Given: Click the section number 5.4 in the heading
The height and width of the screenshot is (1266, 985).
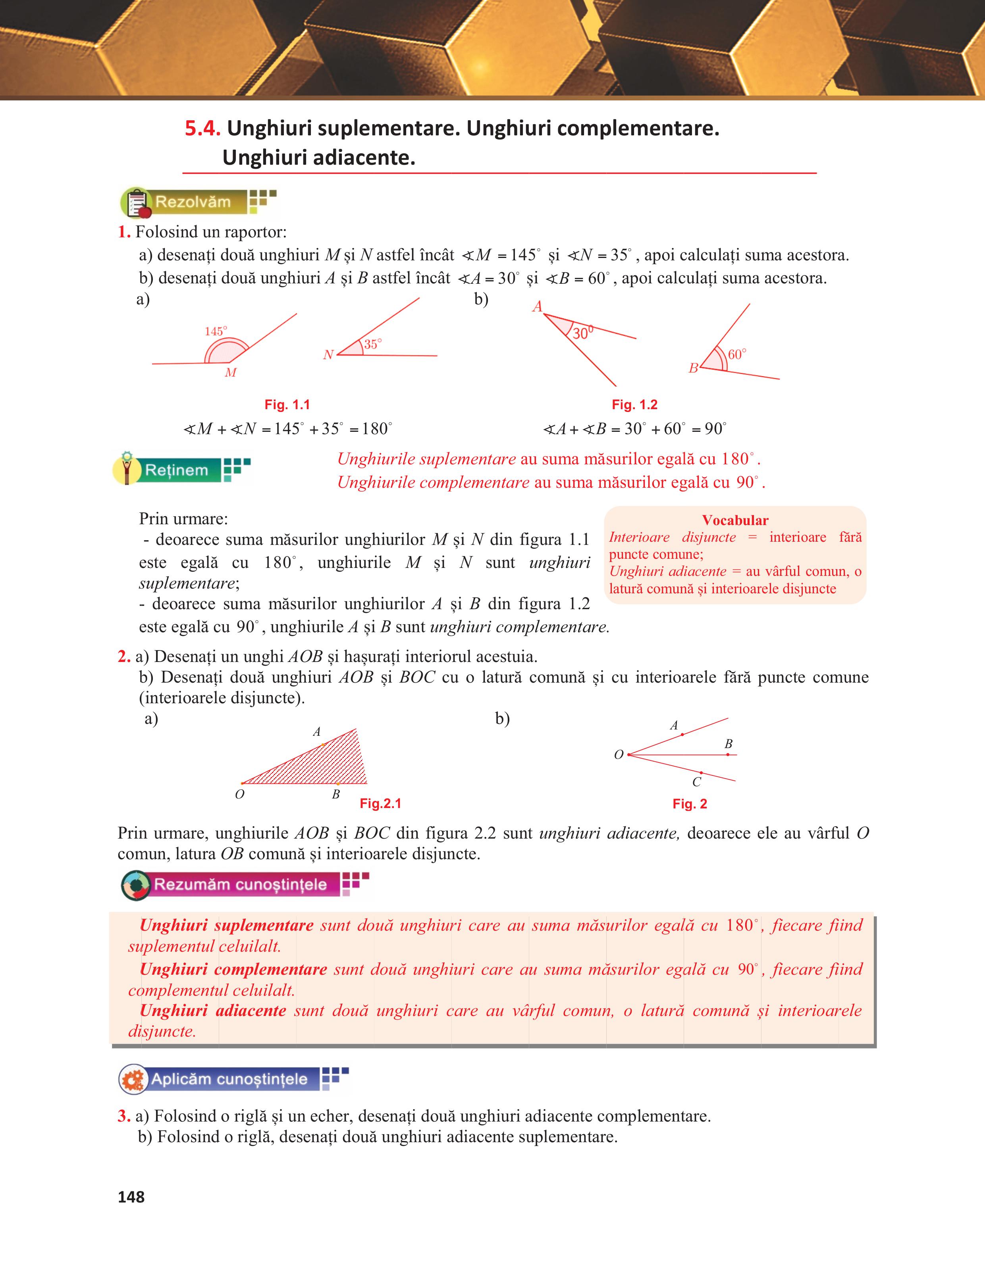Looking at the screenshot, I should pyautogui.click(x=202, y=129).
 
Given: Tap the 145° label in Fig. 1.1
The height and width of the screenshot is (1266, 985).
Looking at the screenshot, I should pyautogui.click(x=216, y=331).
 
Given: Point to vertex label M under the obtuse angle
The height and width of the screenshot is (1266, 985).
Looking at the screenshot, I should pyautogui.click(x=231, y=373).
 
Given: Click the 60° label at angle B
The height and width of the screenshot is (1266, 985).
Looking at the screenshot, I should pyautogui.click(x=737, y=354).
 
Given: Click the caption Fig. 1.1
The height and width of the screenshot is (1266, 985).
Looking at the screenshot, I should pyautogui.click(x=287, y=405).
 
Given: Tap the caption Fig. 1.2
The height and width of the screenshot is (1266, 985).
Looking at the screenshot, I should pyautogui.click(x=634, y=405).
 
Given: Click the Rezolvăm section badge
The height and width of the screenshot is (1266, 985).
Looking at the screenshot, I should pyautogui.click(x=191, y=202).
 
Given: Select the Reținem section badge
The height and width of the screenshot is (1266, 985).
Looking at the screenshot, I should pyautogui.click(x=175, y=470).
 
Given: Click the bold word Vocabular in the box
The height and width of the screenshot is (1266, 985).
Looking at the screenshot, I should pyautogui.click(x=734, y=520).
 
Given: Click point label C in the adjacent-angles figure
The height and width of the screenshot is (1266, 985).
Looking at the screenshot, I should pyautogui.click(x=696, y=782).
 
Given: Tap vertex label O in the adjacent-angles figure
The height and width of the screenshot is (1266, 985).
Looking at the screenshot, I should pyautogui.click(x=619, y=755).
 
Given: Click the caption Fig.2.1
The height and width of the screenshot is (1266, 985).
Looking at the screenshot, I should pyautogui.click(x=380, y=803).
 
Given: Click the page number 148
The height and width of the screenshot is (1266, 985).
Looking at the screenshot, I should pyautogui.click(x=131, y=1197).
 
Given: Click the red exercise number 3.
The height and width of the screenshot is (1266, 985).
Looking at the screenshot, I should pyautogui.click(x=123, y=1116).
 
